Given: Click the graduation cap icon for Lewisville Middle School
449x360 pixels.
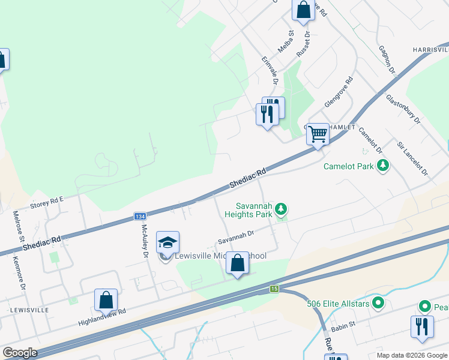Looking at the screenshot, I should pyautogui.click(x=168, y=242).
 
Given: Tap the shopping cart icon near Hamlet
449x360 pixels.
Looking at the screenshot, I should pyautogui.click(x=318, y=134).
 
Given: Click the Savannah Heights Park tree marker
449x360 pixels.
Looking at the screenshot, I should pyautogui.click(x=280, y=209).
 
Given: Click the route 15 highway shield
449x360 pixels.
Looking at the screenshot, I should pyautogui.click(x=274, y=289).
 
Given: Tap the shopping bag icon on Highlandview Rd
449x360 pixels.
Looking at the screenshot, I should pyautogui.click(x=106, y=300).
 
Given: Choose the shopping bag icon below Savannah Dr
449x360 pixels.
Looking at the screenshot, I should pyautogui.click(x=238, y=264).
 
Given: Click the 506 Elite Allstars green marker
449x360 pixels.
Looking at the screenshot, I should pyautogui.click(x=378, y=302).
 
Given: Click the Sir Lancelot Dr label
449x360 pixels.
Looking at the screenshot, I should pyautogui.click(x=412, y=158).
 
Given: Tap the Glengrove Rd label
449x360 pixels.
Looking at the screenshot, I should pyautogui.click(x=339, y=92).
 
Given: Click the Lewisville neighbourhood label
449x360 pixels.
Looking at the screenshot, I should pyautogui.click(x=29, y=310).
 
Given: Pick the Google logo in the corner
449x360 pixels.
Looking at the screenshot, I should pyautogui.click(x=20, y=353).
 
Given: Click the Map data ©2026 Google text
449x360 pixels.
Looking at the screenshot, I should pyautogui.click(x=412, y=355).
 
